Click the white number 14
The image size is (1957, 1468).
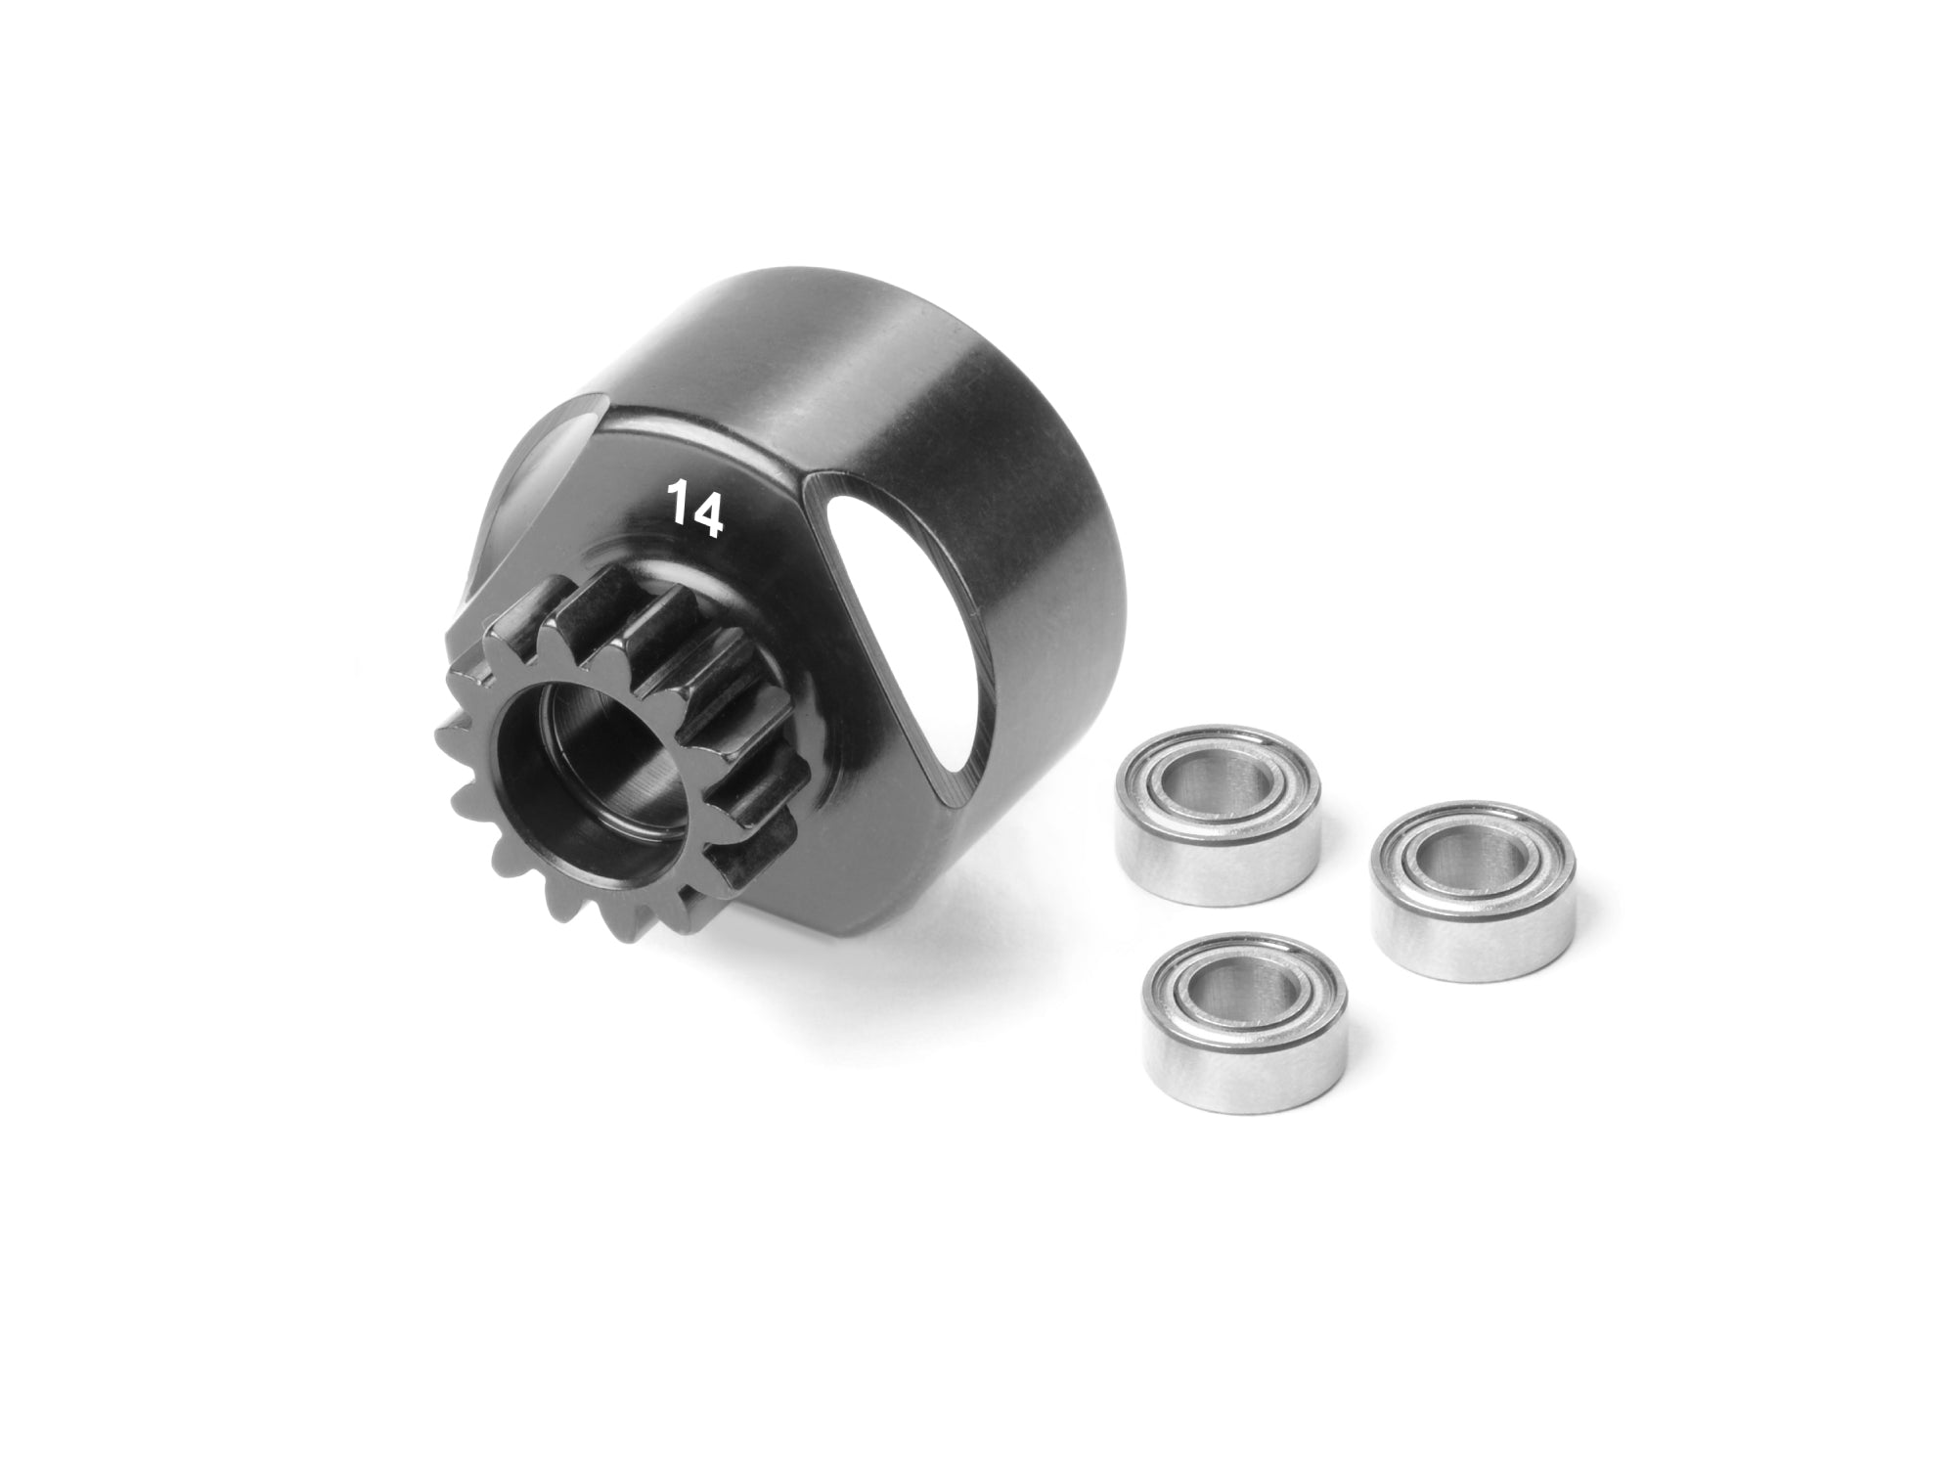(x=695, y=508)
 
